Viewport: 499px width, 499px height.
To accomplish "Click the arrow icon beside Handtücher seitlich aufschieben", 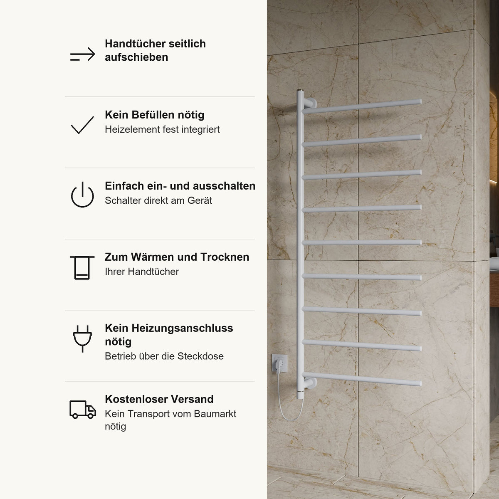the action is tap(83, 54).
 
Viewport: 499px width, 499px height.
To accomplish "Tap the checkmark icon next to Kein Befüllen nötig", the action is tap(82, 125).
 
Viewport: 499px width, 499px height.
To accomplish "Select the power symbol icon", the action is tap(82, 195).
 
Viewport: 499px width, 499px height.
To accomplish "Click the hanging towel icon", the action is tap(82, 268).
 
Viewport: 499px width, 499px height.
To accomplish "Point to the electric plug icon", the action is tap(82, 338).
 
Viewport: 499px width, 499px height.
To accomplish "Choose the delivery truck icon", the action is tap(83, 410).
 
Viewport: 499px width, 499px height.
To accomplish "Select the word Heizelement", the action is tap(132, 129).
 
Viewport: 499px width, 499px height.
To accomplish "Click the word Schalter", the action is tap(123, 200).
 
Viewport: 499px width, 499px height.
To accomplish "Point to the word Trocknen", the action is tap(225, 257).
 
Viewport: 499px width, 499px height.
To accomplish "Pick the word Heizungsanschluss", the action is tap(182, 328).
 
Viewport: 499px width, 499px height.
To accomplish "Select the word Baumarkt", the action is tap(215, 414).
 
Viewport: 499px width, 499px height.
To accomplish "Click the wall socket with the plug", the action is tap(279, 363).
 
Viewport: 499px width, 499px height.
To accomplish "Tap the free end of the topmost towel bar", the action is tap(420, 101).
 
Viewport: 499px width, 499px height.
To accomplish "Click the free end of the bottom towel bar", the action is tap(420, 383).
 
